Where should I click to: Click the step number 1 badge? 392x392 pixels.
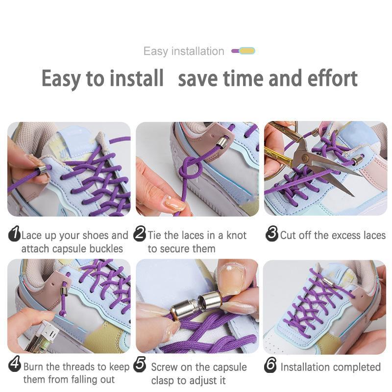[14, 235]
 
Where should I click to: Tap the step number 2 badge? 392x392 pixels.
[140, 235]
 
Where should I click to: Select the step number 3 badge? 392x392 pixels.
[272, 235]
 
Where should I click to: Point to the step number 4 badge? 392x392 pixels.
[15, 366]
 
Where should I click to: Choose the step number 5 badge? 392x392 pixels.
[140, 365]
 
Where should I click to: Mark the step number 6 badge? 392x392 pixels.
[270, 366]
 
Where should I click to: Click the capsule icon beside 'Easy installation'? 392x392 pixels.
[243, 50]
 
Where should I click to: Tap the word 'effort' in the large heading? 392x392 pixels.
[332, 78]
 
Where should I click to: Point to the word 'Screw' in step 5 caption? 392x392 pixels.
[164, 367]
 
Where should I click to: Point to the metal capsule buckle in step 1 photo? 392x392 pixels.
[42, 170]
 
